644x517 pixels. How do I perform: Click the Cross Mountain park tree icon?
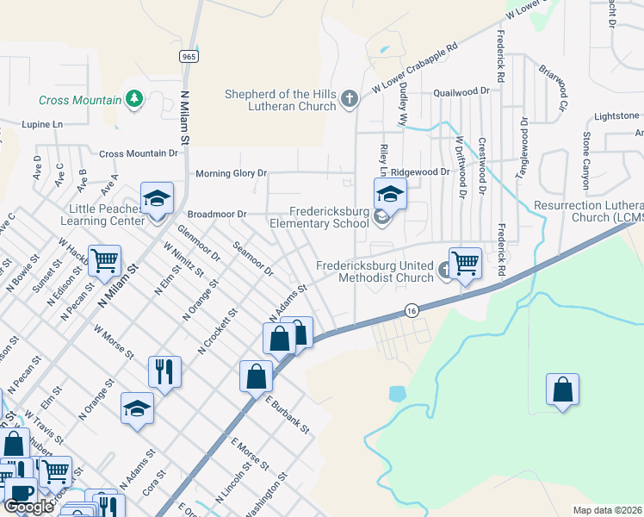133,100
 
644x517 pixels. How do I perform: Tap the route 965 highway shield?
189,56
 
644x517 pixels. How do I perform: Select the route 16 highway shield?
413,311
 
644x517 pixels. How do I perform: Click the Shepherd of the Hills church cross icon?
350,100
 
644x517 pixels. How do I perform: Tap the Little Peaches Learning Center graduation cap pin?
158,200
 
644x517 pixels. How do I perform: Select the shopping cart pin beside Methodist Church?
465,263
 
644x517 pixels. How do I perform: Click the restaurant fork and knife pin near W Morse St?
164,372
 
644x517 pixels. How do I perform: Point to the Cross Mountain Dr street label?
139,153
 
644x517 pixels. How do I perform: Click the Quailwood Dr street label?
461,90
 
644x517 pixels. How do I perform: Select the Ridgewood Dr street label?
422,172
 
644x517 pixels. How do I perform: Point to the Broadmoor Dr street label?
217,214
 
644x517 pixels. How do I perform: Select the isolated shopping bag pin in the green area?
562,389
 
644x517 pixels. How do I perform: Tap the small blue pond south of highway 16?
397,395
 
